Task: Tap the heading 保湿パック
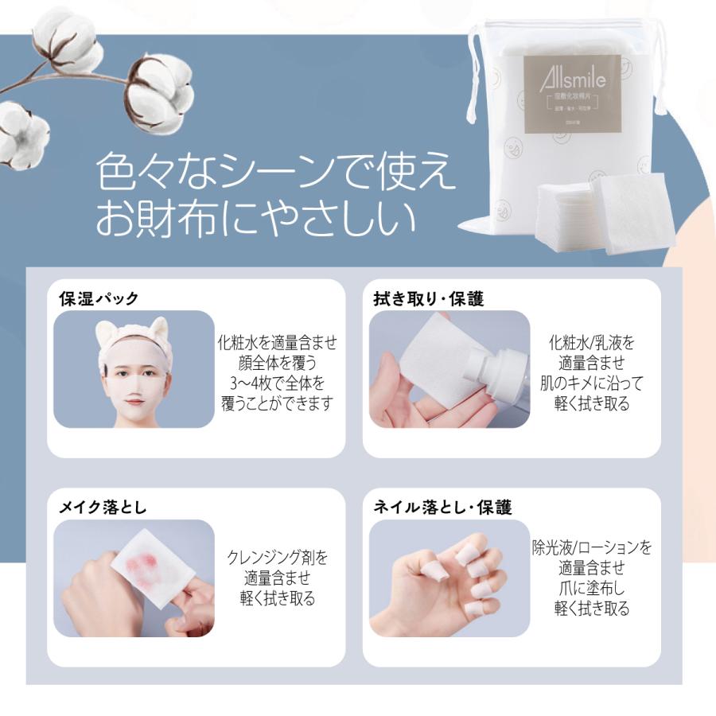tap(99, 299)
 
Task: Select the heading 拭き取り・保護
tap(429, 299)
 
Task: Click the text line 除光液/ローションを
tap(591, 548)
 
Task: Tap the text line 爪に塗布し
tap(591, 590)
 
